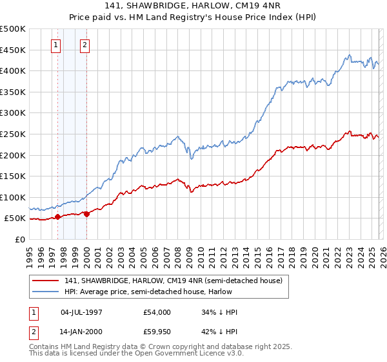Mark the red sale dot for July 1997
[x=57, y=217]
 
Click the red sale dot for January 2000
[x=86, y=214]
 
